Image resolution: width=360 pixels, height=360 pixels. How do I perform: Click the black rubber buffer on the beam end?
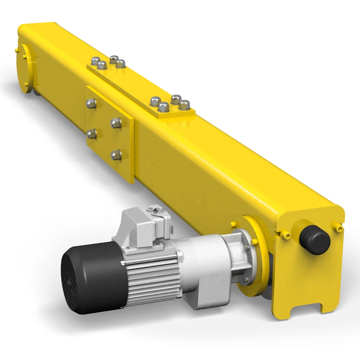click(314, 240)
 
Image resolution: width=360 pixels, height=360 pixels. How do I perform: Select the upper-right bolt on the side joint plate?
click(116, 123)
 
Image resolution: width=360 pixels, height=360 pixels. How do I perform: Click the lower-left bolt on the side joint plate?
click(91, 134)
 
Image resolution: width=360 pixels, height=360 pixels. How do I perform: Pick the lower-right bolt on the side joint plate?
click(116, 155)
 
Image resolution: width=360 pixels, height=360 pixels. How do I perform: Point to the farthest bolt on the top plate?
click(114, 59)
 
